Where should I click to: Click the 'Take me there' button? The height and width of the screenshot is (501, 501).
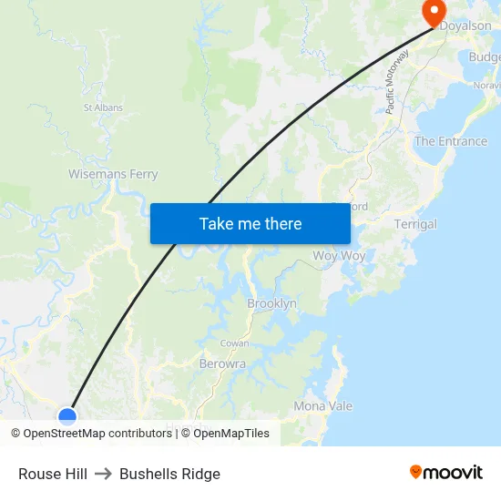coord(250,223)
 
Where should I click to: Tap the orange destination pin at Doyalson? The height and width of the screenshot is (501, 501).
coord(433,12)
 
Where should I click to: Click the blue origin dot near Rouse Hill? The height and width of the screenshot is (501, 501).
coord(67,417)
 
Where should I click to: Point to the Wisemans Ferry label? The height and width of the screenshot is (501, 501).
coord(113,174)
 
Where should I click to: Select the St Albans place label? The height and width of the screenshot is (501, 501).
coord(103,107)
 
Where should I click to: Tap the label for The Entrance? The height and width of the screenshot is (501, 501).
coord(451,141)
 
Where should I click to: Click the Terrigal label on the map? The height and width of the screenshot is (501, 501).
coord(415,224)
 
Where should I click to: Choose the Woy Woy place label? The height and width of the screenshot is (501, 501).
coord(339,256)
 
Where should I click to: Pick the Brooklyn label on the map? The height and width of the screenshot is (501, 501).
coord(271,303)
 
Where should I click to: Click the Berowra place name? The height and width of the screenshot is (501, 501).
coord(222,363)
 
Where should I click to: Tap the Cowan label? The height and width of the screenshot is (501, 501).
coord(234,343)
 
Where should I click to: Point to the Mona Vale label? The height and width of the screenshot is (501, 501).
coord(322,406)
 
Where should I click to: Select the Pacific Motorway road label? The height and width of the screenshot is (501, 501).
coord(397,82)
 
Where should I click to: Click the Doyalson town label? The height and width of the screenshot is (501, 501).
coord(465,26)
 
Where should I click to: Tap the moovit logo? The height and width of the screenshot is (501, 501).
coord(446,472)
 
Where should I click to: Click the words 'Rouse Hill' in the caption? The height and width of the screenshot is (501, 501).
coord(53,474)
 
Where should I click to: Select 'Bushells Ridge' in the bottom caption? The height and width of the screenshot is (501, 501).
coord(169,474)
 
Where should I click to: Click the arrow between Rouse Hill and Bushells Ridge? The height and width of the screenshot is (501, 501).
coord(103,474)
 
